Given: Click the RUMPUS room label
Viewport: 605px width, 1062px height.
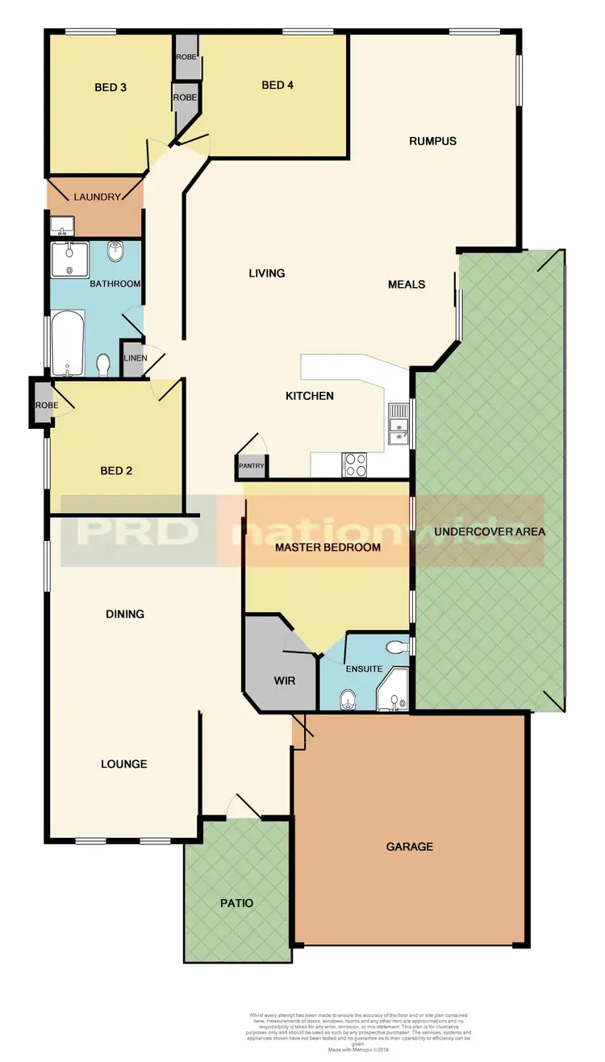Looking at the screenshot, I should tap(432, 141).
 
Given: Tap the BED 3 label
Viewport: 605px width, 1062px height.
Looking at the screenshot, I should tap(111, 87).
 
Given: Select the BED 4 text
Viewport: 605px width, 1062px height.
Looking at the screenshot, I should tap(277, 85).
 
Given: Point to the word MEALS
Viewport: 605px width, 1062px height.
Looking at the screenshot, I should tap(407, 284).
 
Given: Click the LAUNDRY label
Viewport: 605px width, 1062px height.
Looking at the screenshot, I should tap(97, 197).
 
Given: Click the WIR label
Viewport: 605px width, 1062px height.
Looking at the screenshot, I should tap(284, 681).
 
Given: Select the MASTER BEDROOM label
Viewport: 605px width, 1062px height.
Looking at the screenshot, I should tap(327, 548).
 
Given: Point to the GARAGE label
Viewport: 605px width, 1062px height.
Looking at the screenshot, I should tap(409, 846).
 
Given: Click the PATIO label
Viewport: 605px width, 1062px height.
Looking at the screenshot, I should tap(236, 903).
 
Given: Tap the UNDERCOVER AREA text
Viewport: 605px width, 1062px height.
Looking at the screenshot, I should tap(489, 531).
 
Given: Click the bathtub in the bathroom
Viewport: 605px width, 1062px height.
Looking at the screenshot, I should tap(69, 344).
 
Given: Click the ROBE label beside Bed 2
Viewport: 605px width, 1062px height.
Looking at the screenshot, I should tap(42, 406).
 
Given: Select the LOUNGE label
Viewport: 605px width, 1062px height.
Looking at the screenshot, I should tap(124, 764).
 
